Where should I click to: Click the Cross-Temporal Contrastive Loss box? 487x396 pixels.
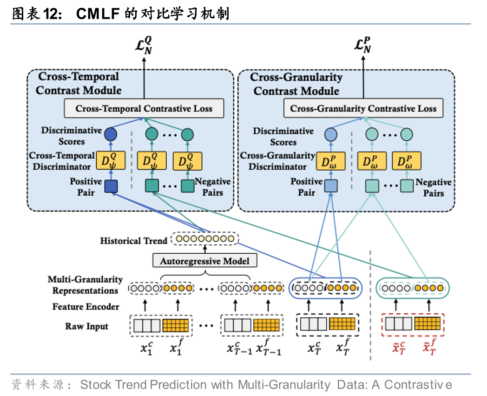[144, 109]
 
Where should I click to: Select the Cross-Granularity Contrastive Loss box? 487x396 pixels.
[363, 109]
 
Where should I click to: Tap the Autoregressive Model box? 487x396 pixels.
[204, 261]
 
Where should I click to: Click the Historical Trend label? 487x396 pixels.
[133, 241]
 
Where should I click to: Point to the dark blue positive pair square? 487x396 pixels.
[111, 186]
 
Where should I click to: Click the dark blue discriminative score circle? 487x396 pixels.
[111, 135]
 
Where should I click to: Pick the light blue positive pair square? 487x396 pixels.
[330, 186]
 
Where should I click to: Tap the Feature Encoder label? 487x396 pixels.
[86, 307]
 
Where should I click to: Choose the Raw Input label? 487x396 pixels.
[86, 326]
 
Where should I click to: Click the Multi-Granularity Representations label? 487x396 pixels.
[85, 285]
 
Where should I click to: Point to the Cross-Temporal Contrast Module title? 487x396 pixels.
[79, 84]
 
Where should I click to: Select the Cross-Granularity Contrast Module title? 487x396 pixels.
[296, 84]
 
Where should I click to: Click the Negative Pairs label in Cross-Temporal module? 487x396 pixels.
[212, 187]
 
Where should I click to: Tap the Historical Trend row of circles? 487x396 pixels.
[204, 240]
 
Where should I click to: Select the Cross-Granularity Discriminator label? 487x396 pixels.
[277, 161]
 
